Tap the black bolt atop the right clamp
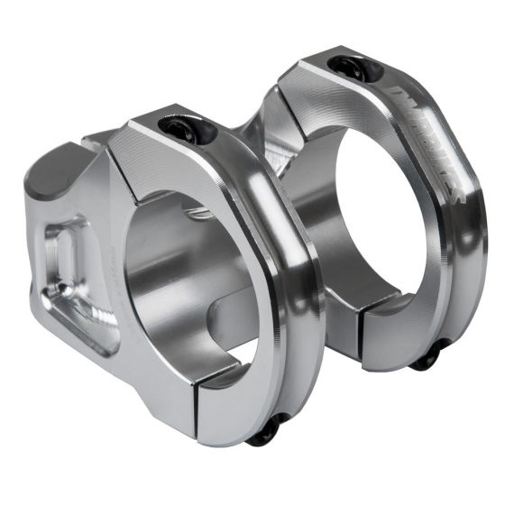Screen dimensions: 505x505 coord(347,66)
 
